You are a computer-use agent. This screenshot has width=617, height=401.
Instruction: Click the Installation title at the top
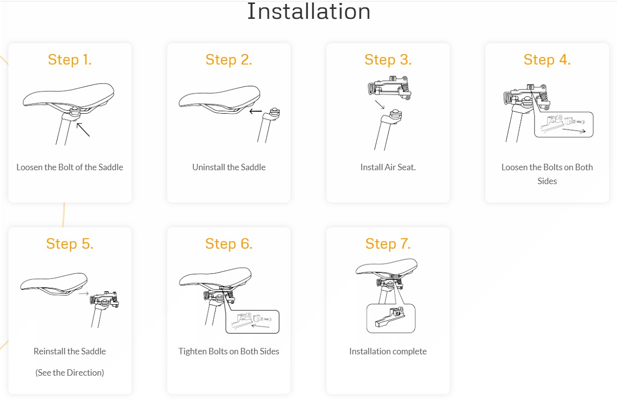(309, 11)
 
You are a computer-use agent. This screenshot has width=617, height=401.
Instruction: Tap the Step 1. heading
(69, 60)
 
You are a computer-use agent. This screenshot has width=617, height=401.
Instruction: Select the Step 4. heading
(547, 60)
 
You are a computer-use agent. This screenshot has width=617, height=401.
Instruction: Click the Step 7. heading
(388, 244)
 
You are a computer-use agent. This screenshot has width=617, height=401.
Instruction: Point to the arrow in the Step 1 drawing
(83, 130)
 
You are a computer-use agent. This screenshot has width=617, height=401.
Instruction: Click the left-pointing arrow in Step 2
(256, 111)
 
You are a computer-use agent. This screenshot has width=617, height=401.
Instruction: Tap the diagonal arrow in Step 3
(380, 105)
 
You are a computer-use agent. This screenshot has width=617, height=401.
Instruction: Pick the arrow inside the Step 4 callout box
(574, 131)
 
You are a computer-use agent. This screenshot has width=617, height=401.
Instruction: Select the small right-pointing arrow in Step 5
(83, 294)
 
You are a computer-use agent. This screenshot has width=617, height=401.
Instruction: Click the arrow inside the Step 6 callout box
(260, 326)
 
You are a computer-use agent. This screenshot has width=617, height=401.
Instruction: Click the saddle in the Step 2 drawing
(219, 99)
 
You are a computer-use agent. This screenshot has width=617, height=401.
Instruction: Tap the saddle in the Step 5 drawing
(54, 284)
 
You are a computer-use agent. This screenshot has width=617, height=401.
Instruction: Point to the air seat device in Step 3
(390, 88)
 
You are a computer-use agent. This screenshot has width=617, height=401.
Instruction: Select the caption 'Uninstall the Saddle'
(229, 167)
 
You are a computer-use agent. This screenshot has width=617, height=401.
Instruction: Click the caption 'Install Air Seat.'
(388, 167)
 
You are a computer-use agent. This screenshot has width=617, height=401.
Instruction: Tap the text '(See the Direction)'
(69, 373)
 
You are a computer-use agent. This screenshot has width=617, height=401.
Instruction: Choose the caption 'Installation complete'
(388, 351)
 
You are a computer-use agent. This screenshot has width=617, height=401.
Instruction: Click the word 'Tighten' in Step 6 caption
(192, 351)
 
